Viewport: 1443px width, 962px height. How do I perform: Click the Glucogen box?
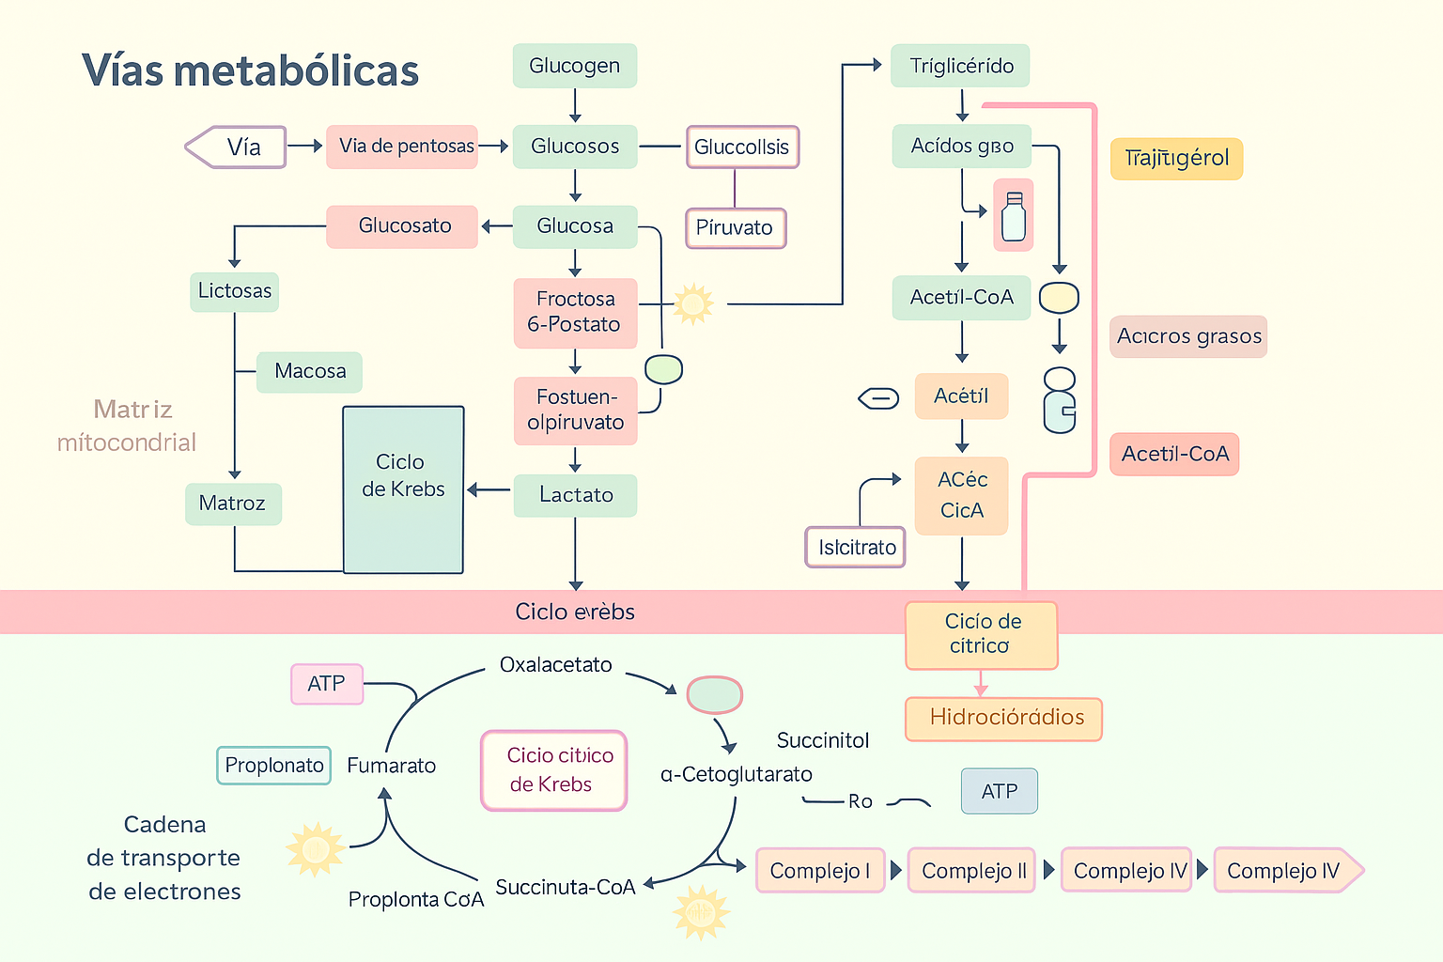(x=575, y=66)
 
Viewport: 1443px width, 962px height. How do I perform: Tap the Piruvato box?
(x=735, y=227)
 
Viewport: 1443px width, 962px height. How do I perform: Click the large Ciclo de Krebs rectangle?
(x=403, y=489)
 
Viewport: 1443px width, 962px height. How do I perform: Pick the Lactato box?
(x=575, y=495)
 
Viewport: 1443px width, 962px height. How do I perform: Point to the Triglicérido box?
(x=960, y=66)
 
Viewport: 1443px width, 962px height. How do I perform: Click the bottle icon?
(x=1014, y=216)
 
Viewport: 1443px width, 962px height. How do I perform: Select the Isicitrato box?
(x=856, y=547)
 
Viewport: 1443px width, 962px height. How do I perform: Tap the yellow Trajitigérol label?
(x=1176, y=159)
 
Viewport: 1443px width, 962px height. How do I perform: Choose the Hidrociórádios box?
(x=1003, y=719)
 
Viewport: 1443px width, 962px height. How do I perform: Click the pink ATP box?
(x=327, y=684)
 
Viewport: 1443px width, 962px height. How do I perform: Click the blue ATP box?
(x=1000, y=791)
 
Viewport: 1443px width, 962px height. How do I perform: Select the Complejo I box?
(x=820, y=871)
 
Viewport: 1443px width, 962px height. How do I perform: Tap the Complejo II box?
(x=972, y=871)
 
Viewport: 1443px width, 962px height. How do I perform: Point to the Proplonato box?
(x=273, y=765)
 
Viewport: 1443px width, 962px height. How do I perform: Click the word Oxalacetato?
(x=555, y=665)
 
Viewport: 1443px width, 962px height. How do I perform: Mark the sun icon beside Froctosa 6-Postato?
(x=693, y=304)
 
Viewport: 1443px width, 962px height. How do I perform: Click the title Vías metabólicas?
(x=250, y=70)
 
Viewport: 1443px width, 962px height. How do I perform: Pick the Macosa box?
(x=309, y=372)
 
